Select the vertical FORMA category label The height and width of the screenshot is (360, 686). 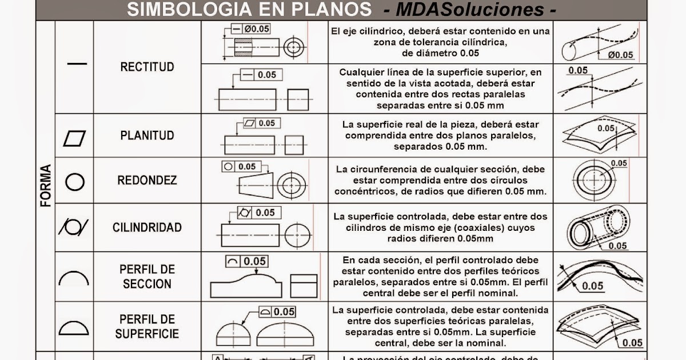pos(46,185)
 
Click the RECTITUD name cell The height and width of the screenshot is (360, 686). pos(147,67)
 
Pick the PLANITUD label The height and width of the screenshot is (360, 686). pos(147,136)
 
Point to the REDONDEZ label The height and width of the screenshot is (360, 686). pos(147,181)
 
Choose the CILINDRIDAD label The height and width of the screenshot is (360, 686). pos(147,227)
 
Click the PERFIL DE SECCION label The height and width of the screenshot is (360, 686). pos(147,276)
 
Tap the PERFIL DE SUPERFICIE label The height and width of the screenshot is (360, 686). pos(147,326)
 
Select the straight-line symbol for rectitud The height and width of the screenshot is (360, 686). pos(77,63)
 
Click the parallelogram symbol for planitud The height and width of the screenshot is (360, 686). pos(75,138)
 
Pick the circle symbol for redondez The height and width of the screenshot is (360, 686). pos(75,182)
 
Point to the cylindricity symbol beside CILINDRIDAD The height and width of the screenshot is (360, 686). pos(73,227)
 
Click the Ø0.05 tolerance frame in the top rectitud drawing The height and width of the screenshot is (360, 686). pos(251,28)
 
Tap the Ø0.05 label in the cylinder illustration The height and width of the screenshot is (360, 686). pos(620,55)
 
